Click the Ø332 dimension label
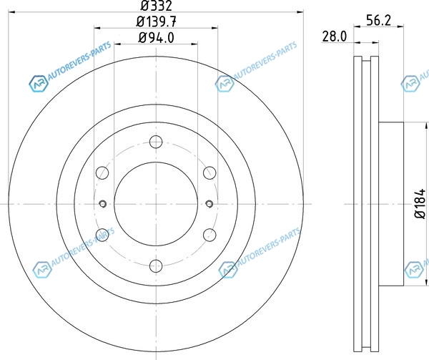[156, 6]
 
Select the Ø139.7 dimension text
[156, 21]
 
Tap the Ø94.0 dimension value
[156, 38]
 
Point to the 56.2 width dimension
[379, 21]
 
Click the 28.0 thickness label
[335, 37]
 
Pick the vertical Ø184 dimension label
[420, 203]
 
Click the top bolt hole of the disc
[156, 142]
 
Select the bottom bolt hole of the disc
[156, 266]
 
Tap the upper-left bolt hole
[102, 172]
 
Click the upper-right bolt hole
[209, 172]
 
